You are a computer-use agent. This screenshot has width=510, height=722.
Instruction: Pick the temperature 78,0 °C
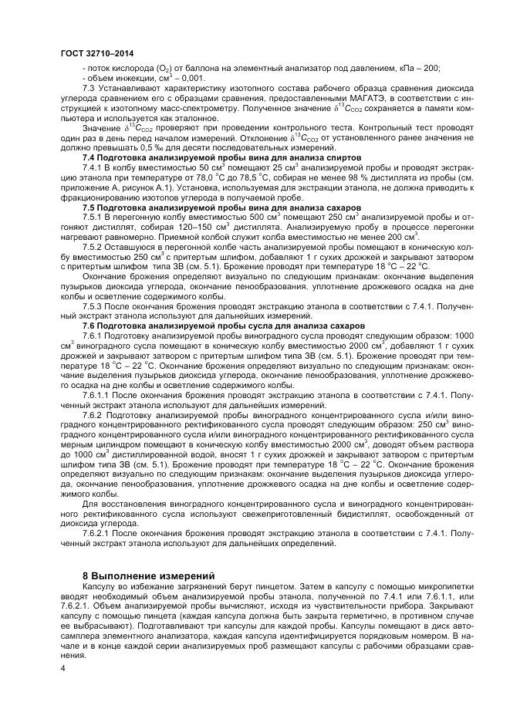coord(208,177)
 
